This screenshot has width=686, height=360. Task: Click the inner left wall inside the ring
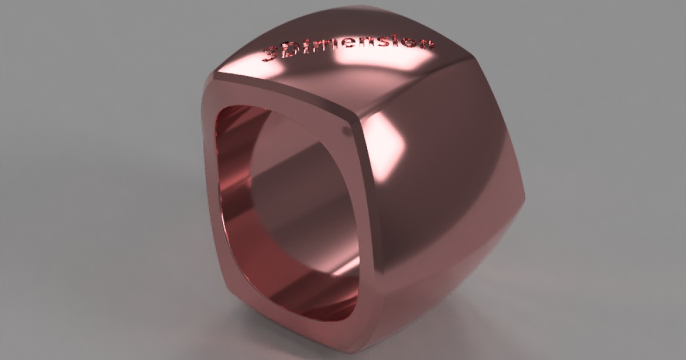point(234,200)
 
